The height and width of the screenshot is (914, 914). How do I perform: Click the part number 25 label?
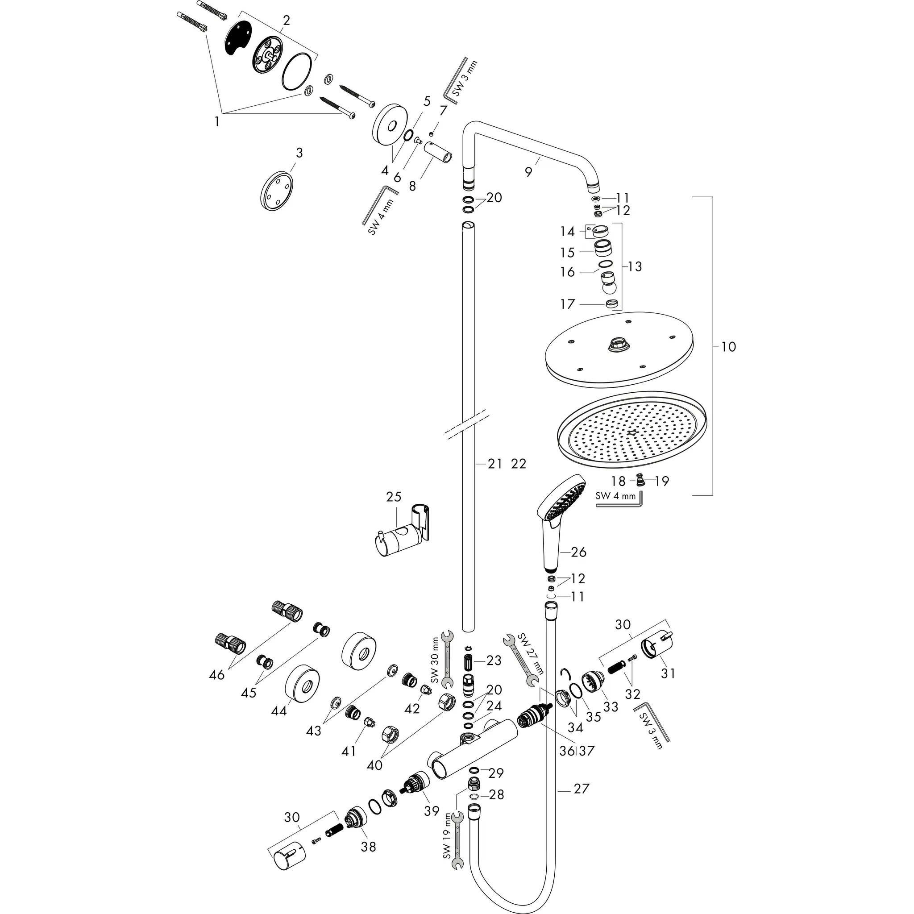[394, 497]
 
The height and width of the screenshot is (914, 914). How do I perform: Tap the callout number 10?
[728, 347]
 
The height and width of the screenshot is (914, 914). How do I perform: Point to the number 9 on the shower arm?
[528, 172]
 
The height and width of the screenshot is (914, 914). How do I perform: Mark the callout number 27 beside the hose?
[582, 789]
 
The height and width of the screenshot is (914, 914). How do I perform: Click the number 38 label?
[368, 846]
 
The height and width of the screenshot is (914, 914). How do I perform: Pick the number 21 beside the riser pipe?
[495, 464]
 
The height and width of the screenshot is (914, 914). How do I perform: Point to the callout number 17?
[567, 304]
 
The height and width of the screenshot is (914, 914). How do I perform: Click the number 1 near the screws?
[216, 121]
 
